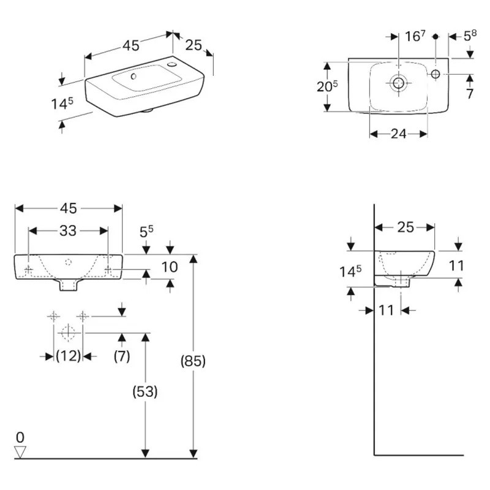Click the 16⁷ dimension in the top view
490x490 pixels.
click(415, 36)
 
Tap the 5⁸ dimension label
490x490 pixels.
click(470, 36)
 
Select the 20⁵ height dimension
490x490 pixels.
click(327, 87)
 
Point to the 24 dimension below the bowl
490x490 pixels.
click(398, 134)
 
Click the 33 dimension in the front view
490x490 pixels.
click(69, 231)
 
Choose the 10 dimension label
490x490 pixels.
click(170, 266)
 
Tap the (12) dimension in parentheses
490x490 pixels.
click(68, 356)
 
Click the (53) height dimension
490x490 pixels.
click(145, 391)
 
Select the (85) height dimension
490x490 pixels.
click(193, 361)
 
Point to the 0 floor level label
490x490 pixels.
click(20, 437)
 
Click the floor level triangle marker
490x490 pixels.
click(21, 452)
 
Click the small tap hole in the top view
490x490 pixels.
click(435, 74)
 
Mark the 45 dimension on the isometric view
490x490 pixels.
click(130, 45)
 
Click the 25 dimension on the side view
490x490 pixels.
click(405, 227)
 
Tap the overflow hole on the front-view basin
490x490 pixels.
click(68, 262)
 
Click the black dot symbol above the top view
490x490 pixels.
click(435, 37)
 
